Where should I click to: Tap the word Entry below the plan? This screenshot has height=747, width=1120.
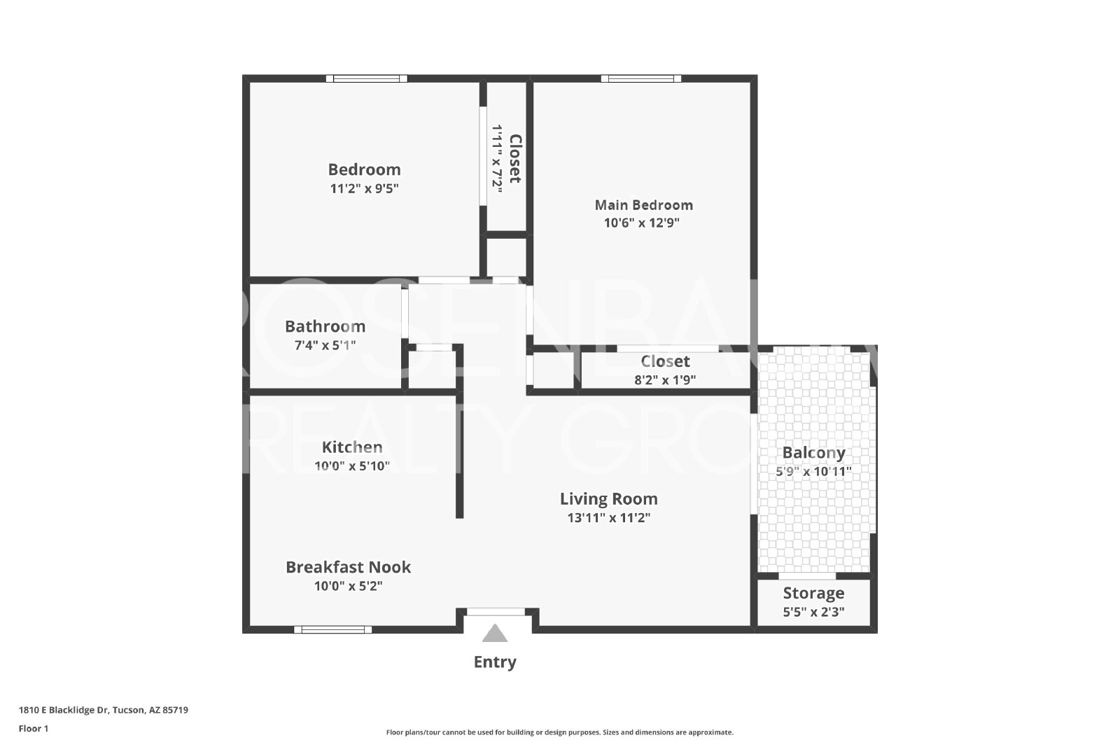pyautogui.click(x=494, y=662)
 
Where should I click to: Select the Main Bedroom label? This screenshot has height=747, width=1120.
pyautogui.click(x=643, y=205)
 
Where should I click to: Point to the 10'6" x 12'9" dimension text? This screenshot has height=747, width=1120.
pyautogui.click(x=641, y=223)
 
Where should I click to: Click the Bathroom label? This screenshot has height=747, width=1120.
pyautogui.click(x=325, y=326)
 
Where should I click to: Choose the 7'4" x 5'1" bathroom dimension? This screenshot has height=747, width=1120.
pyautogui.click(x=325, y=345)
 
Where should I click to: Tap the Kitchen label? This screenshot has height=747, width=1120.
pyautogui.click(x=352, y=447)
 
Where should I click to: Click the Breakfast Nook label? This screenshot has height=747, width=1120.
pyautogui.click(x=348, y=567)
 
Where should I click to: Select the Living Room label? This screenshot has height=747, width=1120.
pyautogui.click(x=608, y=499)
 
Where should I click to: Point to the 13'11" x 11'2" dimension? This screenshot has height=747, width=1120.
pyautogui.click(x=608, y=517)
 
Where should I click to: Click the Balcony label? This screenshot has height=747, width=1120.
pyautogui.click(x=813, y=453)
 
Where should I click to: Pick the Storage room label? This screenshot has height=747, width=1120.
pyautogui.click(x=813, y=593)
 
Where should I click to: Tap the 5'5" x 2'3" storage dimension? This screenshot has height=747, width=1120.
pyautogui.click(x=813, y=611)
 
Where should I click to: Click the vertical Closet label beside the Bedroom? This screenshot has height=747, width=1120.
pyautogui.click(x=515, y=158)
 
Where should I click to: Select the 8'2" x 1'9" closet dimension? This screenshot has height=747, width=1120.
pyautogui.click(x=665, y=380)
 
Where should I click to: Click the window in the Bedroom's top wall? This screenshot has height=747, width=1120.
pyautogui.click(x=367, y=78)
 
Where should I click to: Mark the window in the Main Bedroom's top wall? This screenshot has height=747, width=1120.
pyautogui.click(x=641, y=78)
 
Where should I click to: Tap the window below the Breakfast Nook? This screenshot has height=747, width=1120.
pyautogui.click(x=333, y=629)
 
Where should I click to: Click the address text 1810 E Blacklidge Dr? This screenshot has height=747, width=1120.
pyautogui.click(x=64, y=710)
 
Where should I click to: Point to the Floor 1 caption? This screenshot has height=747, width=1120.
pyautogui.click(x=34, y=729)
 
